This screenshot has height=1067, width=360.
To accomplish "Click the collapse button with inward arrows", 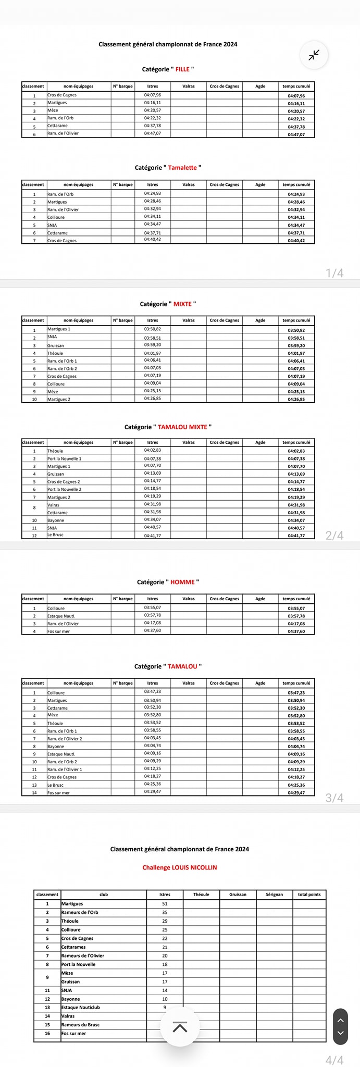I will click(314, 55).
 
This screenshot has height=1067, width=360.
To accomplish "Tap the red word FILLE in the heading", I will click(182, 69).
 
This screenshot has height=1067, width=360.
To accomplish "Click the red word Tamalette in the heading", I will click(182, 168).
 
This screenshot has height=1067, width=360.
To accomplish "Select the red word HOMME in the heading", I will click(182, 582).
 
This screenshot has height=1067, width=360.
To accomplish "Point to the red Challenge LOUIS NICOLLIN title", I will click(180, 867).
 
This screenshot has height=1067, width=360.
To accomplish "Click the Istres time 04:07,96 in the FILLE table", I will click(153, 95).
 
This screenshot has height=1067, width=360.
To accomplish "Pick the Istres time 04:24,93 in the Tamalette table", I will click(153, 193).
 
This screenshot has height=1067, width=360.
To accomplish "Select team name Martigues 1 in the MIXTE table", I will click(59, 329).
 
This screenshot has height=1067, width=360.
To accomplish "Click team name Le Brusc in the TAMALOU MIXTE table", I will click(55, 535).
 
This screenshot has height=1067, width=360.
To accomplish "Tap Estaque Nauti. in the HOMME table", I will click(61, 616).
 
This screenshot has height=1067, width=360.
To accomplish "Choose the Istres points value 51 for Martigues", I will click(165, 904).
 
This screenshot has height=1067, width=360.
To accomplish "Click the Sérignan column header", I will click(274, 895).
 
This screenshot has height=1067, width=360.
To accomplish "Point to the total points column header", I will click(309, 895).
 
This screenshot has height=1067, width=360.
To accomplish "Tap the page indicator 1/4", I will click(334, 273).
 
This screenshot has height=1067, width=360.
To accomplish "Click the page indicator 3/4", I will click(334, 798).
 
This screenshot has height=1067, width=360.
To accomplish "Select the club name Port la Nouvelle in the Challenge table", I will click(80, 964).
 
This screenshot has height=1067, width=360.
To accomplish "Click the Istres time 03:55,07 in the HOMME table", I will click(153, 607).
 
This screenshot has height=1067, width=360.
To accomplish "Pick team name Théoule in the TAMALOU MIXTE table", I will click(55, 451).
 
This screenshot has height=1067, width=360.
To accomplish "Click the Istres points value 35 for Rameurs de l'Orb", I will click(165, 912).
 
